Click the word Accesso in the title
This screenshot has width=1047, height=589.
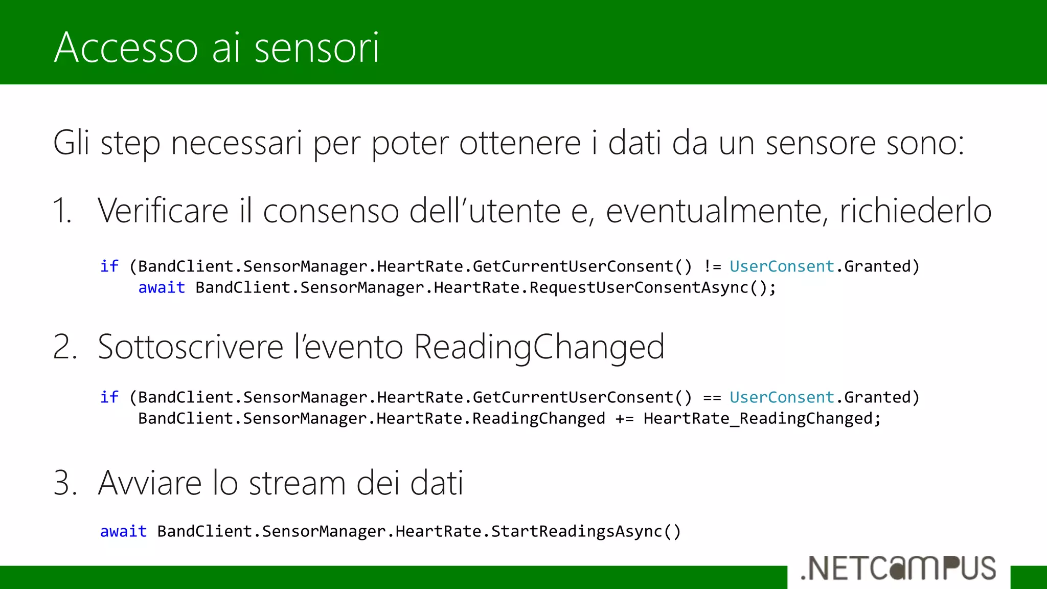coord(125,48)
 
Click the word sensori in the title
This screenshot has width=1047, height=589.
coord(316,48)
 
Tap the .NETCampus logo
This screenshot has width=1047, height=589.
coord(898,569)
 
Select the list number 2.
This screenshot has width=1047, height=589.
coord(65,347)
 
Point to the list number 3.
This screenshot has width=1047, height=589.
coord(65,483)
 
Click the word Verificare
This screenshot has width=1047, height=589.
coord(163,211)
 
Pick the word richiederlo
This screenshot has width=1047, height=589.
coord(915,211)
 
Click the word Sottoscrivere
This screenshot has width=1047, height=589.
coord(190,347)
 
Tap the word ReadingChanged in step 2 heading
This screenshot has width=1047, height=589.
coord(539,347)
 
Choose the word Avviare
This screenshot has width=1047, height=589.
coord(150,483)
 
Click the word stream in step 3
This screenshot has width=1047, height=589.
coord(297,483)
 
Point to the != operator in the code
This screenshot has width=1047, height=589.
coord(712,266)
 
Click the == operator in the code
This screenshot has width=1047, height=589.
coord(712,397)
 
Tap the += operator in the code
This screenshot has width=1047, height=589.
coord(624,419)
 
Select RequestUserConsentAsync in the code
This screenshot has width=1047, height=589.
coord(639,288)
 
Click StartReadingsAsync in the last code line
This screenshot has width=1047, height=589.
coord(576,532)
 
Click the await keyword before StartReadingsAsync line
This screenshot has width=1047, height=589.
coord(123,532)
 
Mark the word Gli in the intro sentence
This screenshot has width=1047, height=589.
coord(71,143)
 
